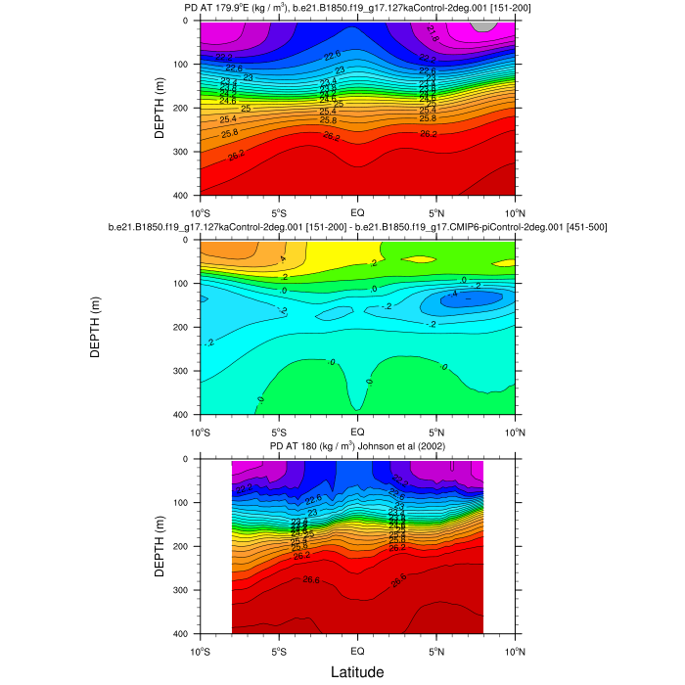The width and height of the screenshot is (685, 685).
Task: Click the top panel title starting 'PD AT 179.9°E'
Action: click(357, 9)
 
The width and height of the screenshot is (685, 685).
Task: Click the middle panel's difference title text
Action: click(357, 228)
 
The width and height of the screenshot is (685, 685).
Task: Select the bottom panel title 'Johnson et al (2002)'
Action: click(357, 447)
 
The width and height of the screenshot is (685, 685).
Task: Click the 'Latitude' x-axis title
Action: click(356, 671)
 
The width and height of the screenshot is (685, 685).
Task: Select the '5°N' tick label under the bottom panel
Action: click(436, 650)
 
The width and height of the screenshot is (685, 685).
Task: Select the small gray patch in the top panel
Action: click(483, 25)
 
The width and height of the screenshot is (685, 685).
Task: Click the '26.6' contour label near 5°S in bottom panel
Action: click(311, 580)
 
